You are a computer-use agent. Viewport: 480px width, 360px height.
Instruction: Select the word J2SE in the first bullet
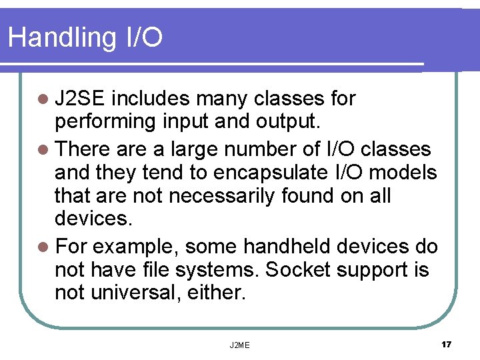click(79, 99)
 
